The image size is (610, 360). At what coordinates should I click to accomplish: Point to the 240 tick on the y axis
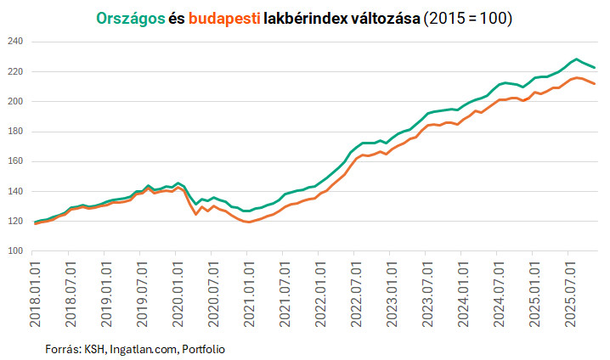pyautogui.click(x=16, y=42)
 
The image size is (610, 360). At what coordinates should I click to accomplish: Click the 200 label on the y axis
pyautogui.click(x=16, y=102)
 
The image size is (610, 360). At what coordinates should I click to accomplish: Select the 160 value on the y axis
pyautogui.click(x=16, y=161)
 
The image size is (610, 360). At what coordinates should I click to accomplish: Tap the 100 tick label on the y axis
pyautogui.click(x=16, y=251)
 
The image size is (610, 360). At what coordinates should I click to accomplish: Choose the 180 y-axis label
pyautogui.click(x=16, y=132)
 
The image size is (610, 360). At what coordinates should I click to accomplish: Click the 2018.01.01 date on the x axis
pyautogui.click(x=36, y=289)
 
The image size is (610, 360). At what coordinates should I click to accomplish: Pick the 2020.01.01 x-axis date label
pyautogui.click(x=178, y=289)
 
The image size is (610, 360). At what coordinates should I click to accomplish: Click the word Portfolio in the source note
pyautogui.click(x=202, y=349)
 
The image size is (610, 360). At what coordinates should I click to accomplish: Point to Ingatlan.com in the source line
pyautogui.click(x=138, y=349)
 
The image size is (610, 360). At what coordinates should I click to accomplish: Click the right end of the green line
pyautogui.click(x=595, y=67)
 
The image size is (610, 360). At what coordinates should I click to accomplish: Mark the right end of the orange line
pyautogui.click(x=595, y=83)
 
